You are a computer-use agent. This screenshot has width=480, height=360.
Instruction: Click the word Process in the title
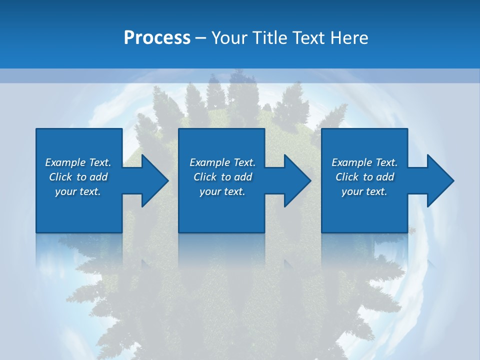(157, 37)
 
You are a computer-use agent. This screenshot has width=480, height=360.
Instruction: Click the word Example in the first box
(65, 162)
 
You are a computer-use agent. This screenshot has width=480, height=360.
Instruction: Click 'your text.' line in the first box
(78, 191)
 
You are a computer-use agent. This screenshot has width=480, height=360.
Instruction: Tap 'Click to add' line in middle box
(223, 177)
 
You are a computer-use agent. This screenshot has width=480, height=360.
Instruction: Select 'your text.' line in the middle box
(222, 191)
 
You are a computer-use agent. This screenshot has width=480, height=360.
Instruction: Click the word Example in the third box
(352, 162)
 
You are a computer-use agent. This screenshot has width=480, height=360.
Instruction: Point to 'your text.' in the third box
(364, 191)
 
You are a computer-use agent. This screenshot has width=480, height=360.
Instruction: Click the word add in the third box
(385, 177)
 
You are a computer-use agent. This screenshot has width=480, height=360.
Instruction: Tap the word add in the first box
(98, 177)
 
